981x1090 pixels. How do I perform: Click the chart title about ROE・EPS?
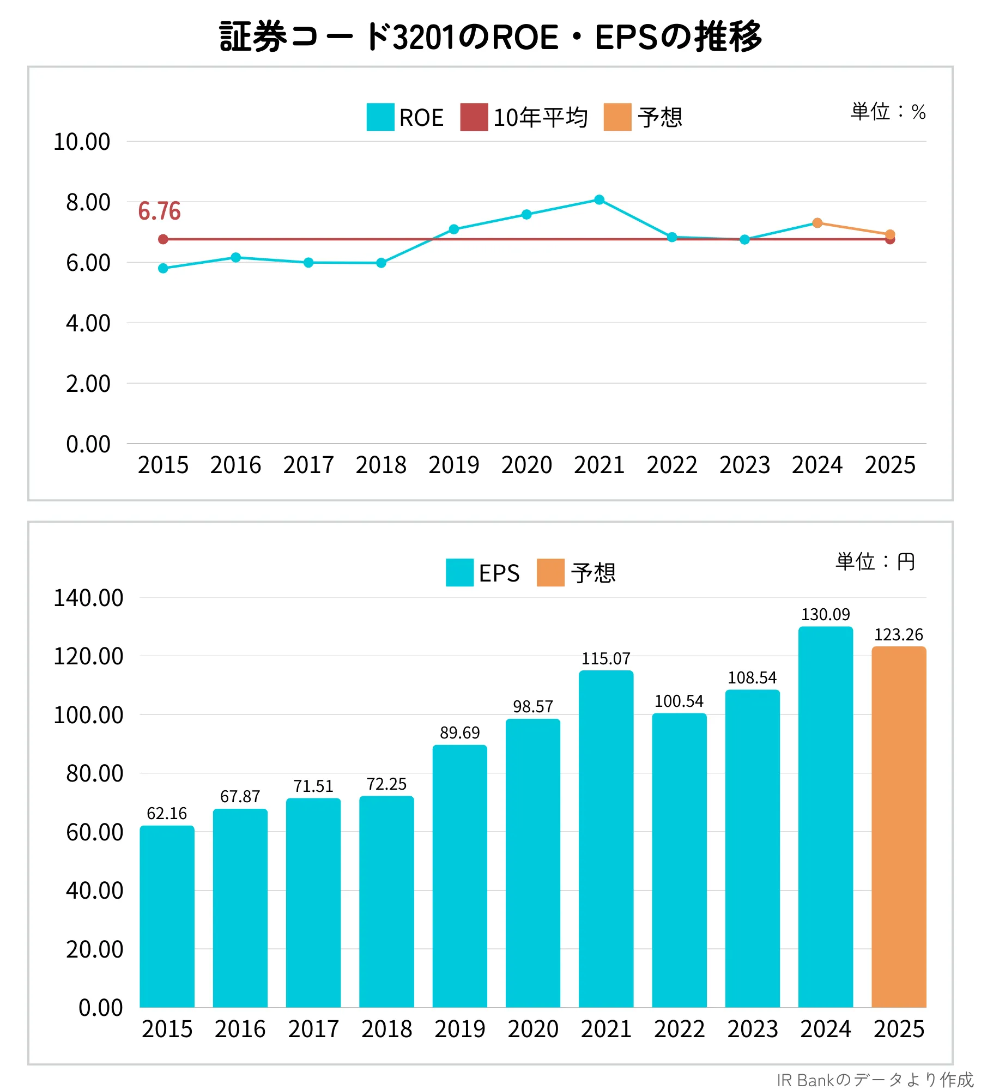click(x=491, y=37)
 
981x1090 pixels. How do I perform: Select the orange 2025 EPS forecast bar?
click(x=899, y=827)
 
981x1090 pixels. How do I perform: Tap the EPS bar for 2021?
click(x=606, y=839)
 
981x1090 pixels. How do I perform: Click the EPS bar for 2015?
click(x=167, y=916)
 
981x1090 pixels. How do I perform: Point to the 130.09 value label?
click(x=825, y=615)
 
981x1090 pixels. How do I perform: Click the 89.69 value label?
click(x=460, y=732)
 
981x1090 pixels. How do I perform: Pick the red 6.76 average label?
click(x=159, y=211)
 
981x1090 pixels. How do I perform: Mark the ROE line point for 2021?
click(x=599, y=199)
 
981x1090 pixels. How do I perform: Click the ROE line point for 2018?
click(x=381, y=263)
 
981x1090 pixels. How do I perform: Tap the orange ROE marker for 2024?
click(x=817, y=223)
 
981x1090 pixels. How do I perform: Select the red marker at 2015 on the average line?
click(x=163, y=239)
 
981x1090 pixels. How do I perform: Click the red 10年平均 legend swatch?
click(x=474, y=117)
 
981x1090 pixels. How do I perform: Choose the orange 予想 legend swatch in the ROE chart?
click(x=617, y=117)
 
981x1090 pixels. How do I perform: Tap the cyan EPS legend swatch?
click(x=459, y=573)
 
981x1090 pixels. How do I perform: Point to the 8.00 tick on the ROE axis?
click(x=88, y=202)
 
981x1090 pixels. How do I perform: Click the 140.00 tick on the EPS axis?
click(x=88, y=598)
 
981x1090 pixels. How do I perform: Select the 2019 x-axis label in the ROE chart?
click(x=454, y=465)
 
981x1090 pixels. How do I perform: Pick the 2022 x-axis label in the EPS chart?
click(x=680, y=1029)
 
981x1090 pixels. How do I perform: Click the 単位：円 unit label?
click(x=875, y=561)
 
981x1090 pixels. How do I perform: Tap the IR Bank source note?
click(x=875, y=1080)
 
